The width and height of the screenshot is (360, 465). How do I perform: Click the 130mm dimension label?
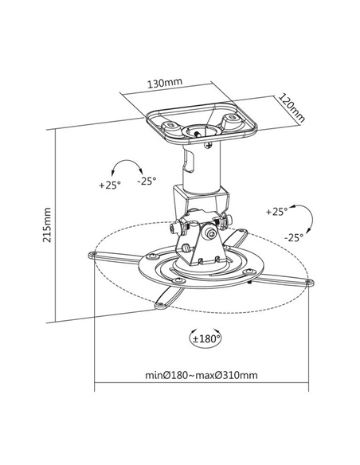tap(165, 83)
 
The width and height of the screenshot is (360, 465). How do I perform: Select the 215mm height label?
tap(47, 225)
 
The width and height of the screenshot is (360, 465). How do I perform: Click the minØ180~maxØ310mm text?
tap(201, 375)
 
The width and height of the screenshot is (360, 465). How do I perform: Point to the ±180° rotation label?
tap(207, 338)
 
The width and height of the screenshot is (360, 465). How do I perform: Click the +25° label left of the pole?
tap(110, 185)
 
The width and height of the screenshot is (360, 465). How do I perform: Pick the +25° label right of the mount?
tap(276, 212)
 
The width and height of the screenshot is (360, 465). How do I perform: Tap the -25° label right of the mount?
tap(293, 237)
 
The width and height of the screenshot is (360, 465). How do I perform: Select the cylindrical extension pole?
tap(202, 166)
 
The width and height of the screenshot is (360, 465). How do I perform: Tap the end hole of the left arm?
tap(94, 254)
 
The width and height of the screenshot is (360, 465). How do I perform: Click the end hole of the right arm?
tap(309, 282)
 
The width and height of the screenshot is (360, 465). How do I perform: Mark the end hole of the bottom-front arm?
tap(161, 305)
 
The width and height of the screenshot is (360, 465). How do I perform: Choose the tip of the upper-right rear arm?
tap(244, 231)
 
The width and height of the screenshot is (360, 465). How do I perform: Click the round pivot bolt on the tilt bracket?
tap(210, 234)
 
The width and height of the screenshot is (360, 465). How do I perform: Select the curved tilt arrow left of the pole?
tap(127, 166)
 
